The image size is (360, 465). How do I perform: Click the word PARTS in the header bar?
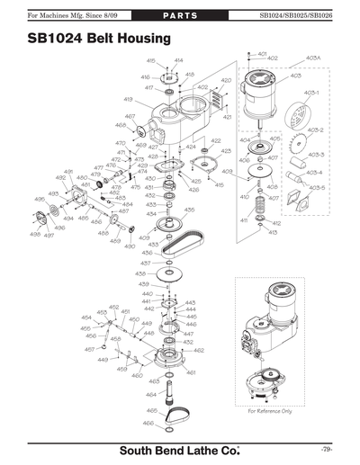coord(181,15)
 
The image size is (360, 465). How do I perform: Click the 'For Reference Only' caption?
coord(270,411)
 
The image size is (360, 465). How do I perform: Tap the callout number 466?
coord(149,423)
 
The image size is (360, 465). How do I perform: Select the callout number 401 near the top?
coord(262,54)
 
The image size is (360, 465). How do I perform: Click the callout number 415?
coord(219,183)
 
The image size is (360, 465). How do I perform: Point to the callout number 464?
coord(151,394)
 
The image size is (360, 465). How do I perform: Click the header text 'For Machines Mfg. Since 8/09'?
coord(53,15)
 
